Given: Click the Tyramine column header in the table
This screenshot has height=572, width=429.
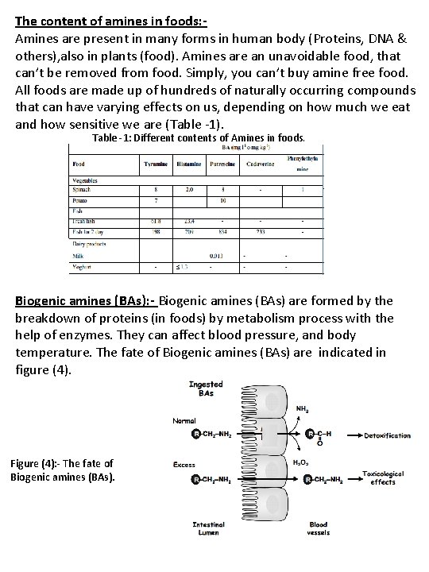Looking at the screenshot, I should (x=155, y=164).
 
